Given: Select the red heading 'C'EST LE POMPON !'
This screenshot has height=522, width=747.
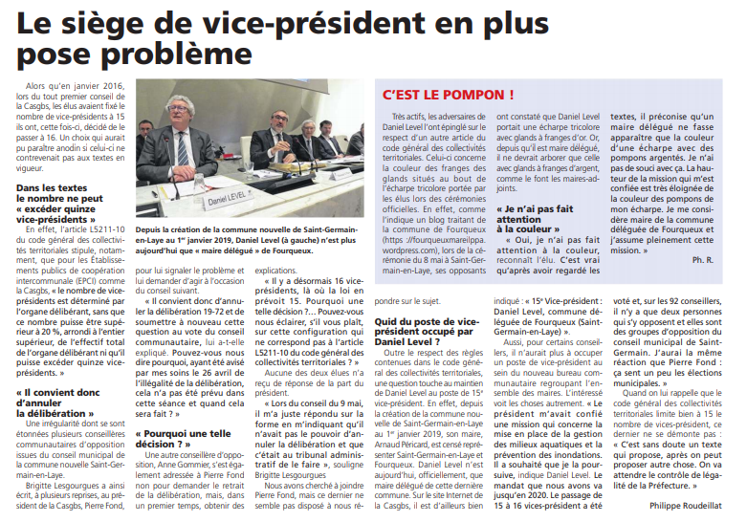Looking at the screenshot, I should [448, 95].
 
